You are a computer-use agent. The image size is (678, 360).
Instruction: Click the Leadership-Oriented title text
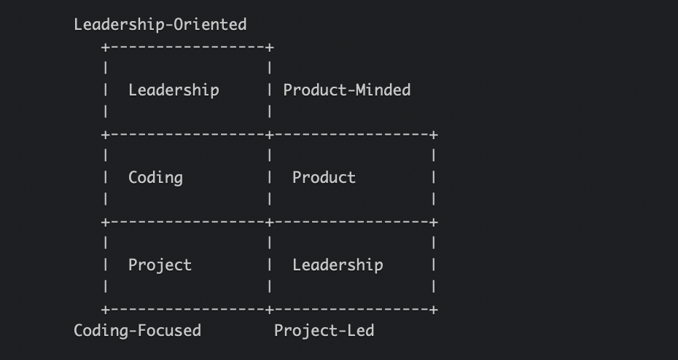[160, 25]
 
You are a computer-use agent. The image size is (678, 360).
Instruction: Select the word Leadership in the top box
[174, 90]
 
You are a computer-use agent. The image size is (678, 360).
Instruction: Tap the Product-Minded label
[347, 90]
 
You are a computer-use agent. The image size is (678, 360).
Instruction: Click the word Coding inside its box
[155, 178]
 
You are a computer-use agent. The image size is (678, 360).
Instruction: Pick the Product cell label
[324, 178]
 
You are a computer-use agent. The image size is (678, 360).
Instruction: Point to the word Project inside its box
[160, 265]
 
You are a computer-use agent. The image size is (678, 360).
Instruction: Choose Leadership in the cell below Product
[338, 265]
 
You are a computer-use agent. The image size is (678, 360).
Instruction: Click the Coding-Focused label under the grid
[137, 331]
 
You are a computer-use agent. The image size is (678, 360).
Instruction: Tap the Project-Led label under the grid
[324, 331]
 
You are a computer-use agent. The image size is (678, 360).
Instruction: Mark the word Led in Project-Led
[361, 331]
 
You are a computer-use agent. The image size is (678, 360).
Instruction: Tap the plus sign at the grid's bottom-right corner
[434, 310]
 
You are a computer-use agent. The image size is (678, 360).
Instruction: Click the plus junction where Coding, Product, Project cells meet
[270, 222]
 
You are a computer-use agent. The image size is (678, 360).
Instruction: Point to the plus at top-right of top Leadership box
[270, 47]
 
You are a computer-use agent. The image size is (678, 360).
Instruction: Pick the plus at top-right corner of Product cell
[434, 135]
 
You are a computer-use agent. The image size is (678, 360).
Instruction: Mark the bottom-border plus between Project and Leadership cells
[270, 310]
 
